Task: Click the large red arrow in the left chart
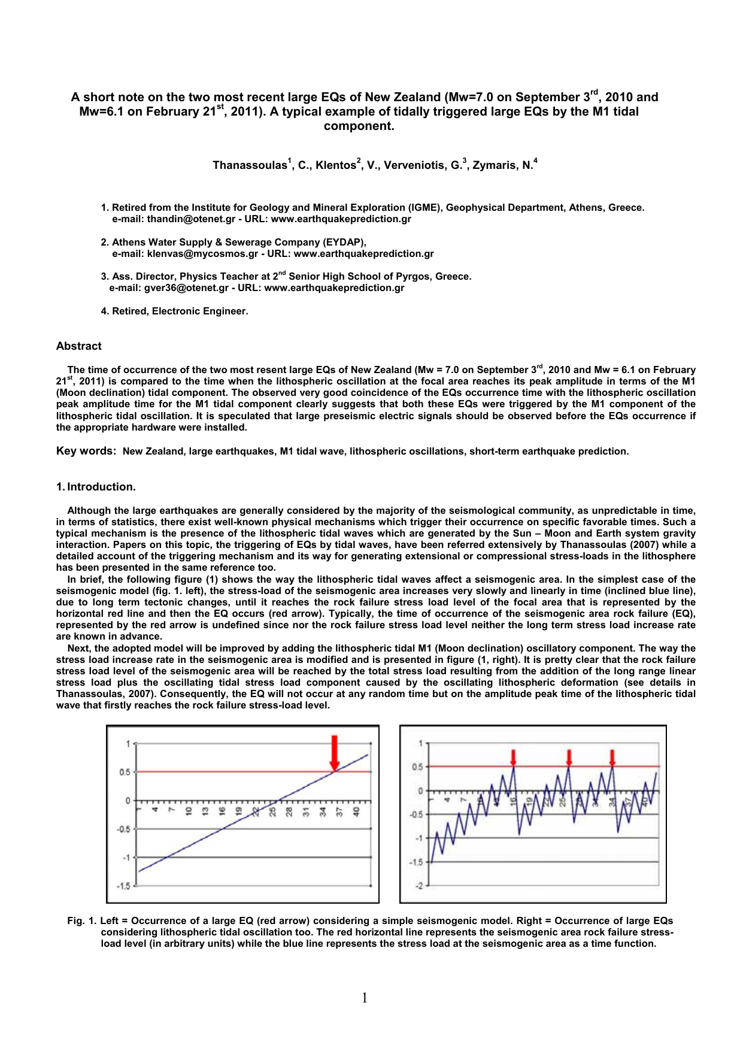tap(335, 752)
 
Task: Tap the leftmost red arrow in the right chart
tap(513, 757)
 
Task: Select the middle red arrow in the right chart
tap(569, 757)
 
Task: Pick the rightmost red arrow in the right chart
tap(612, 757)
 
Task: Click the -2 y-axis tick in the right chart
tap(418, 886)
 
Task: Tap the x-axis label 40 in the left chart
tap(356, 811)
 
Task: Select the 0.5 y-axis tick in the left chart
tap(124, 772)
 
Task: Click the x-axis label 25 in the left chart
tap(272, 811)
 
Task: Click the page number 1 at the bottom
tap(365, 998)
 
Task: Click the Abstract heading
tap(78, 346)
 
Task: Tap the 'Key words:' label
tap(86, 451)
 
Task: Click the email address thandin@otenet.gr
tap(191, 219)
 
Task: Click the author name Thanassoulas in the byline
tap(250, 165)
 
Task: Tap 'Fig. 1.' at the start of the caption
tap(81, 921)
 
